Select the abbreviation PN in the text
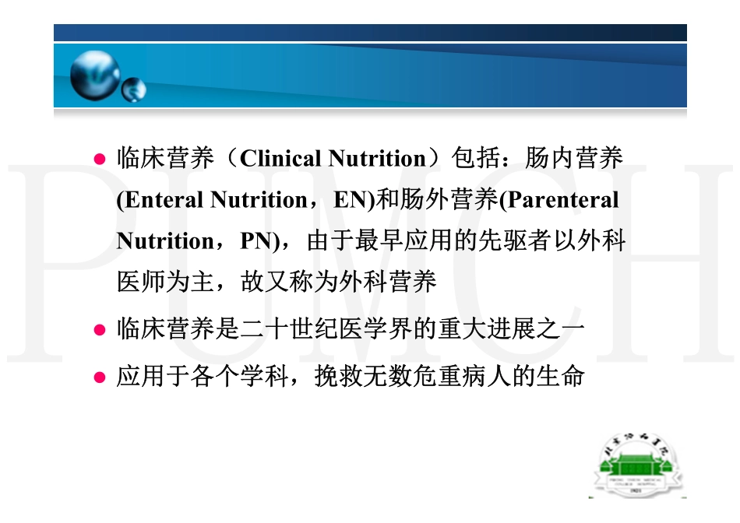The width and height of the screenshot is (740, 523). tap(254, 241)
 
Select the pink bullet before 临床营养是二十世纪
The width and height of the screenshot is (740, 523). tap(99, 330)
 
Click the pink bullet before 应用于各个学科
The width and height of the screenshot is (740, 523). tap(99, 378)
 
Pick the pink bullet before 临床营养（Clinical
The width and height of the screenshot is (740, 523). tap(99, 160)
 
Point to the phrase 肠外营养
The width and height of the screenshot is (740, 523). tap(449, 200)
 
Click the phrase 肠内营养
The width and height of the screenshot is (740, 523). tap(574, 159)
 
